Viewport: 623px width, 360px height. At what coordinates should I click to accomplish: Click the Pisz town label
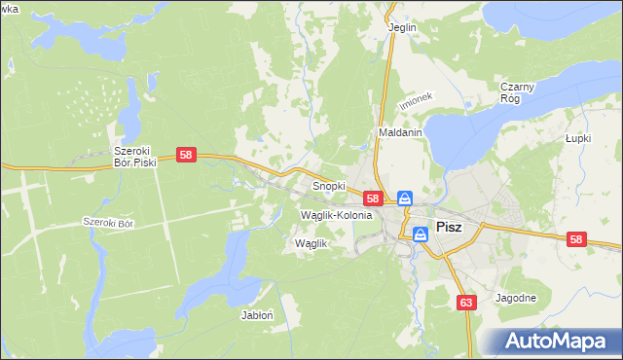(450, 227)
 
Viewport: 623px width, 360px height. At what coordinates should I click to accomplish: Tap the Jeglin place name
(402, 27)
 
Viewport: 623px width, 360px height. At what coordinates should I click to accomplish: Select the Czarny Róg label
(518, 92)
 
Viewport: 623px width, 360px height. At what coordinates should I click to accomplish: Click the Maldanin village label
(398, 133)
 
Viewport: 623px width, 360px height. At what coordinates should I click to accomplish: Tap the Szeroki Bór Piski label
(135, 157)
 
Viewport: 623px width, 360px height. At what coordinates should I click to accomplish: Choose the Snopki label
(328, 185)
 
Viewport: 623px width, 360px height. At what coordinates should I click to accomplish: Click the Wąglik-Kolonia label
(337, 214)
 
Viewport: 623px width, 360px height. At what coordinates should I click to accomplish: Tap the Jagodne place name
(516, 298)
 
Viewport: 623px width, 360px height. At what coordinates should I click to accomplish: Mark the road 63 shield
(466, 303)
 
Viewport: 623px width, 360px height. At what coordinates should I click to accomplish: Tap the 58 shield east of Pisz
(576, 239)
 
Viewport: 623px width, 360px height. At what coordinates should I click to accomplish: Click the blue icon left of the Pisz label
(421, 234)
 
